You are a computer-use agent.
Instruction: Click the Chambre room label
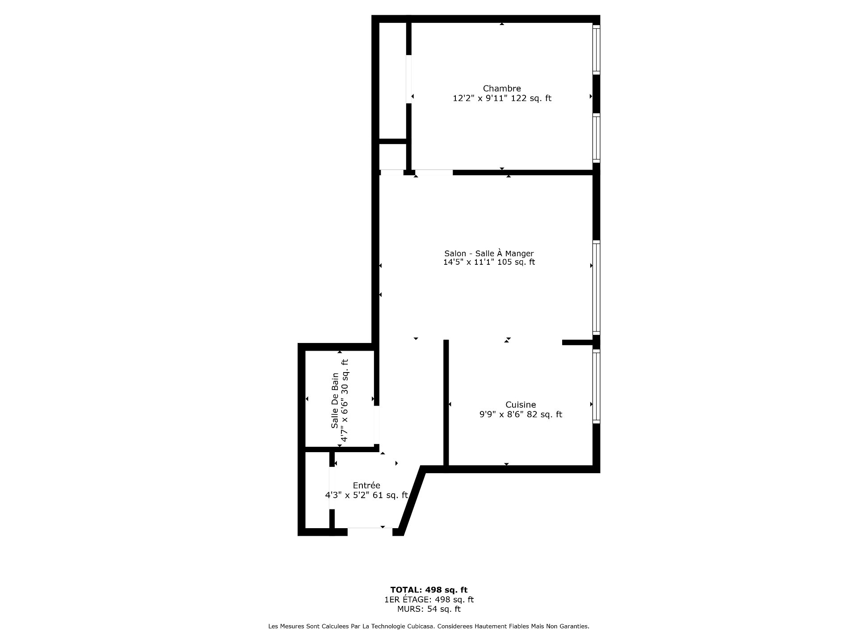pos(502,89)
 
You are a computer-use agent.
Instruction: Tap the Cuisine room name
pos(521,405)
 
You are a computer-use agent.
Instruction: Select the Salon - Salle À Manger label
pos(489,253)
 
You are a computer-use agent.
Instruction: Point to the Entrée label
pos(366,485)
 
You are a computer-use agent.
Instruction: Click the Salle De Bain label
pos(335,400)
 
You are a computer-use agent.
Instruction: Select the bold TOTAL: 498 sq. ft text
pos(429,590)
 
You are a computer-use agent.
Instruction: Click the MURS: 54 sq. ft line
pos(429,609)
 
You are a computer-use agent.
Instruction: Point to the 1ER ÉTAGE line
pos(429,599)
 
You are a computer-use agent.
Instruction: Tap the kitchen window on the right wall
pos(596,386)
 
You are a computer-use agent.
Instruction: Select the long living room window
pos(596,288)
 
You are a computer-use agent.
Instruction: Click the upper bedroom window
pos(596,49)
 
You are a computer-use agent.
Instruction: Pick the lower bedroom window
pos(596,138)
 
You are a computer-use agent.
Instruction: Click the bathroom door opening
pos(377,425)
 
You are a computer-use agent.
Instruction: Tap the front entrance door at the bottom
pos(370,531)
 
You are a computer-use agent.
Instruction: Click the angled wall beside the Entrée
pos(412,500)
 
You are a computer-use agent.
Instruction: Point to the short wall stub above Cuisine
pos(577,343)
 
